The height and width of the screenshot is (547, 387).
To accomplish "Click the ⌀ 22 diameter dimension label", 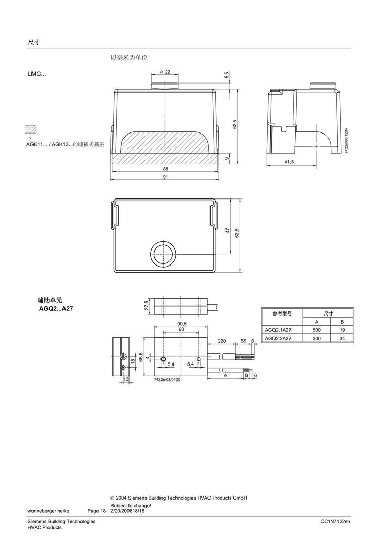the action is tap(165, 72).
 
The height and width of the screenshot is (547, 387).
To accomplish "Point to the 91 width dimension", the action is tap(165, 177).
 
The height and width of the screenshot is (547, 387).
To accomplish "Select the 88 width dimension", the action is tap(165, 169).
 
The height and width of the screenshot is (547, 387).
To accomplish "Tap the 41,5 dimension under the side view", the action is tap(289, 162).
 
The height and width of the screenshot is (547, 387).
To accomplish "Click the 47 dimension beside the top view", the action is tap(228, 230).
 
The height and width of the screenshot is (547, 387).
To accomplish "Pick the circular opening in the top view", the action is tap(164, 254).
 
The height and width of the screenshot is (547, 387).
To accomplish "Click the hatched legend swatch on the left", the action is tap(31, 129).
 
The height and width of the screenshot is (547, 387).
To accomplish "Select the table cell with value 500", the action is tap(316, 330).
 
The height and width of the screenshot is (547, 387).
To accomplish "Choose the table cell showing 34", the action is tap(342, 338).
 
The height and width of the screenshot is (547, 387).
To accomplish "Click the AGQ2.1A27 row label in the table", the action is tap(278, 330).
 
